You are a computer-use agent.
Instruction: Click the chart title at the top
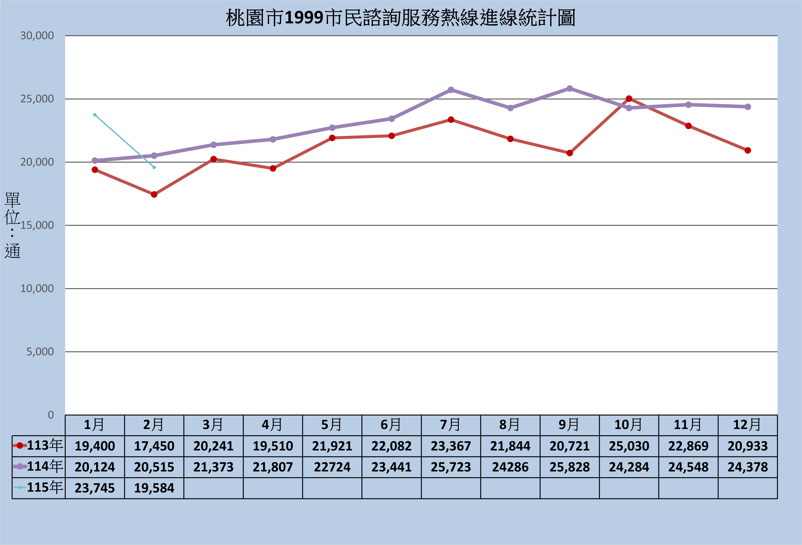click(x=400, y=18)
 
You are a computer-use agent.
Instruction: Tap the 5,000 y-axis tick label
click(x=40, y=352)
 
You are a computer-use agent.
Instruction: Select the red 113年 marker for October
click(x=629, y=99)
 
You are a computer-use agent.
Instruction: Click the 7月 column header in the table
click(x=451, y=425)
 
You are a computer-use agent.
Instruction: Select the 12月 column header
click(x=747, y=425)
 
